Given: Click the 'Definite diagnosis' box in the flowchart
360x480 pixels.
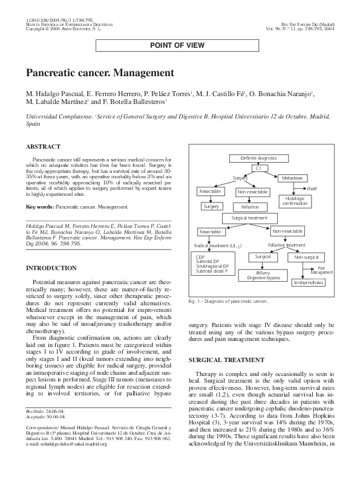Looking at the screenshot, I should coord(258,158).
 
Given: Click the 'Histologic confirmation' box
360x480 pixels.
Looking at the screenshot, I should coord(295,201).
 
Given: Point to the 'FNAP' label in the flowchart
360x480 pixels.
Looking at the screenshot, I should coord(312,189).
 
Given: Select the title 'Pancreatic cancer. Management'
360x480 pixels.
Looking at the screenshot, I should coord(100,73).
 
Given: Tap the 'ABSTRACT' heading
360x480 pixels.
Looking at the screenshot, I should coord(43,146).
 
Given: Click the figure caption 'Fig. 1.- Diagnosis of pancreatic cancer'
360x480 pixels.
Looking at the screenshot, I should coord(228,300).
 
